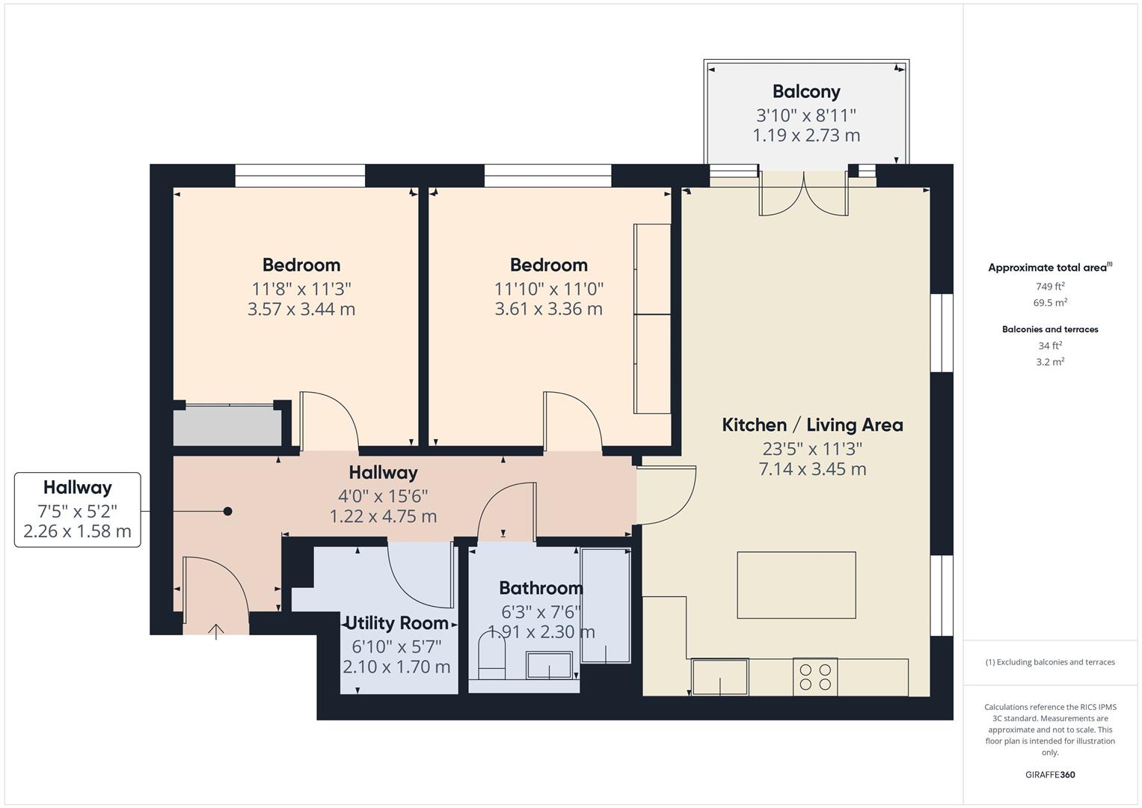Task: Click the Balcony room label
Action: tap(806, 91)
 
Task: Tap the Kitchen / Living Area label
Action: tap(812, 425)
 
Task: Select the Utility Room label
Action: tap(396, 623)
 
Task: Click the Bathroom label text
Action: tap(541, 588)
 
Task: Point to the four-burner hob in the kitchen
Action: tap(815, 677)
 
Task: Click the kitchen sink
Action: tap(719, 677)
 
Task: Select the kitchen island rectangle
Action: tap(796, 585)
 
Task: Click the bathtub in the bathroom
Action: tap(605, 605)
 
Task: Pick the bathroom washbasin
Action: tap(549, 665)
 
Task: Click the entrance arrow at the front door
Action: tap(216, 631)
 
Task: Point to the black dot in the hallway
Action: tap(228, 512)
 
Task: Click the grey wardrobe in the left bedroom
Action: tap(227, 426)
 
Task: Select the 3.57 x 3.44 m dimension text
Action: tap(301, 309)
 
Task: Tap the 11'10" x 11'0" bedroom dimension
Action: tap(548, 289)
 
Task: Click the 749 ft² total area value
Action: tap(1050, 287)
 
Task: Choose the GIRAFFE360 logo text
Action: tap(1050, 775)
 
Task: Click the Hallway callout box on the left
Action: tap(78, 509)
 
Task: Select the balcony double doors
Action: tap(804, 195)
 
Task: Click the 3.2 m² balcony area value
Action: tap(1050, 362)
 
